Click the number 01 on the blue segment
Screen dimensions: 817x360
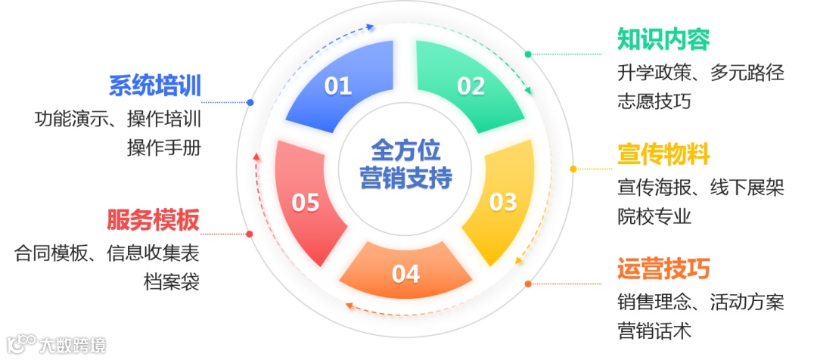click(338, 86)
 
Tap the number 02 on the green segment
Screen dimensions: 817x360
click(471, 86)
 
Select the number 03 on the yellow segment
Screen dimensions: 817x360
click(503, 202)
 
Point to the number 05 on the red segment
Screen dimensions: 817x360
click(306, 203)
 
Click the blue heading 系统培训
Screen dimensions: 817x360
click(155, 86)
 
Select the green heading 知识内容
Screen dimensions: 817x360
click(663, 39)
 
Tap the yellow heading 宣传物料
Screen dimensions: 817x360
click(663, 155)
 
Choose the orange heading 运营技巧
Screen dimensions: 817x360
click(663, 269)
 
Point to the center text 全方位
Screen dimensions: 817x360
click(405, 148)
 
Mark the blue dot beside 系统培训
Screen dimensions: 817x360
click(250, 102)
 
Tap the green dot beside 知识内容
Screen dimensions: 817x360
click(528, 54)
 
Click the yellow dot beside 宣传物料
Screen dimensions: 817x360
click(573, 169)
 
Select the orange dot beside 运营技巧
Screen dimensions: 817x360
click(528, 284)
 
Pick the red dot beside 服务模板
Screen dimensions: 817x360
click(250, 234)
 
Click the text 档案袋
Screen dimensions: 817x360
click(172, 282)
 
